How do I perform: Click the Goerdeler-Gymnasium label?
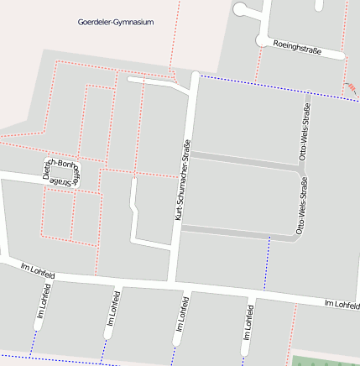(x=115, y=23)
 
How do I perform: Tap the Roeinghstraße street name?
(x=297, y=49)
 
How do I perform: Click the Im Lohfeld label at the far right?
(x=342, y=302)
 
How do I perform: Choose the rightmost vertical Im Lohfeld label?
(x=248, y=320)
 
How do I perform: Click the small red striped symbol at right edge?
(x=352, y=86)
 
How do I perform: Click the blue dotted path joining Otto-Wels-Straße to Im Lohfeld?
(x=267, y=264)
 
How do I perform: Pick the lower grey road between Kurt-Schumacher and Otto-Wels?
(x=239, y=233)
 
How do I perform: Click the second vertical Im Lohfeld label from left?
(x=111, y=311)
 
